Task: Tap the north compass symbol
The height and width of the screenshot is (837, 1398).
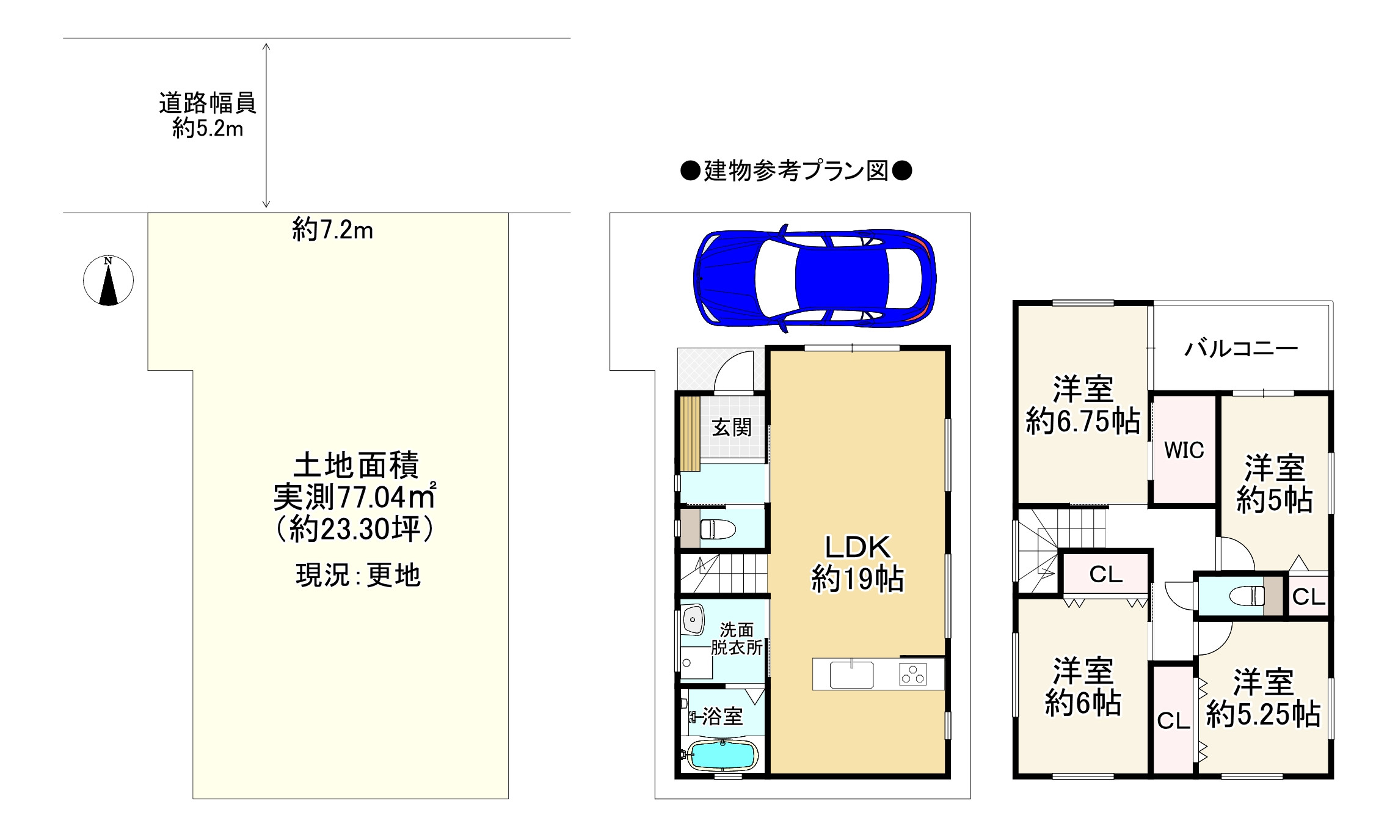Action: [x=108, y=281]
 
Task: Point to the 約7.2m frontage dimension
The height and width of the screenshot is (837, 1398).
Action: [x=332, y=230]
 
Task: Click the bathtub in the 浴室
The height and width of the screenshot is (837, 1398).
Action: [x=723, y=755]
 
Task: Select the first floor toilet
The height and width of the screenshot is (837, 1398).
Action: [x=717, y=528]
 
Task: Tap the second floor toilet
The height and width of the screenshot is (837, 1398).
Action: [x=1245, y=595]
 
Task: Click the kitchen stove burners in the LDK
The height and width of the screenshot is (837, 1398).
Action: [x=912, y=674]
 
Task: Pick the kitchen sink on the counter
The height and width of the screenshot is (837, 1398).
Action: [x=851, y=674]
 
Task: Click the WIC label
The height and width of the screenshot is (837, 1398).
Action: [x=1184, y=450]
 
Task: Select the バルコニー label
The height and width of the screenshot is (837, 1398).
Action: [x=1240, y=348]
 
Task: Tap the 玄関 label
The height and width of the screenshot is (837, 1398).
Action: [x=732, y=427]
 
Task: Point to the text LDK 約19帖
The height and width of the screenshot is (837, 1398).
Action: [x=857, y=563]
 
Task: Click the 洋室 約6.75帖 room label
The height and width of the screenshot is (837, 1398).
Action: [x=1083, y=405]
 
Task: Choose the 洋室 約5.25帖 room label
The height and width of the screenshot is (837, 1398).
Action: [x=1263, y=698]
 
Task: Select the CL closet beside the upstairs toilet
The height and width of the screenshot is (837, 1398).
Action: [x=1308, y=596]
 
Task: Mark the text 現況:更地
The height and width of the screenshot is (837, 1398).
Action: [x=358, y=575]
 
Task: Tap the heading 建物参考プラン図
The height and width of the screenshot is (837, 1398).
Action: [x=796, y=171]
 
